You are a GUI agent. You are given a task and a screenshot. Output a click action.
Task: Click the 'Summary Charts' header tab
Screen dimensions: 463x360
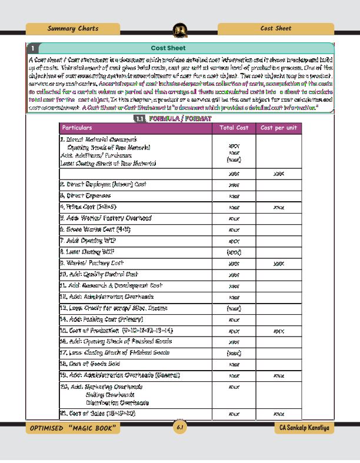[x=73, y=28]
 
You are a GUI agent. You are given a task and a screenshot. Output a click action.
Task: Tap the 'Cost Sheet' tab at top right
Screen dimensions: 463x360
[x=275, y=28]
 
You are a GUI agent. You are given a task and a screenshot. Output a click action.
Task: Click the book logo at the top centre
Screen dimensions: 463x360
[x=180, y=30]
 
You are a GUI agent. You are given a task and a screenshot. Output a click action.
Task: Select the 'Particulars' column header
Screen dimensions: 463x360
[x=77, y=128]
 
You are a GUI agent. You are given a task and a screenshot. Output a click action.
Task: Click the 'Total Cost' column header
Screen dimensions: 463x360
[x=234, y=128]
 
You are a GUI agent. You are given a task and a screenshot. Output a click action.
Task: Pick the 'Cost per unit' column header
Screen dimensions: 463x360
[x=279, y=128]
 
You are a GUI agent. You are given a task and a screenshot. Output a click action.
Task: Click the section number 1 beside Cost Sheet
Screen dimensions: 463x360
[x=34, y=48]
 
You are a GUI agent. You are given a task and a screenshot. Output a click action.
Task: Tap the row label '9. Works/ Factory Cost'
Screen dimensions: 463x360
[x=92, y=263]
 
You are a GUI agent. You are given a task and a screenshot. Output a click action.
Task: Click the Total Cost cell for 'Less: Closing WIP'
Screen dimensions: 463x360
[x=234, y=252]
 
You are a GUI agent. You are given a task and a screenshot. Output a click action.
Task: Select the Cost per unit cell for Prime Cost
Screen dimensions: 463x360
[x=279, y=207]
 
